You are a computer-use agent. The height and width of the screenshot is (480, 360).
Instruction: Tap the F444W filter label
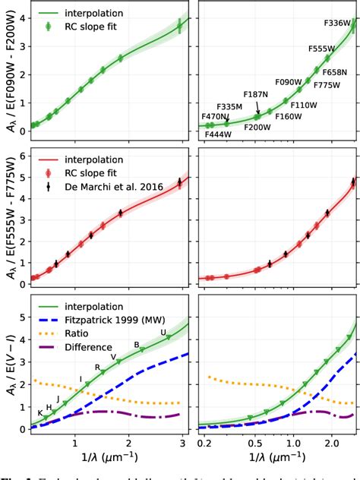[219, 134]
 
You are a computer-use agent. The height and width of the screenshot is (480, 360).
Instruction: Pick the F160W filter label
[289, 117]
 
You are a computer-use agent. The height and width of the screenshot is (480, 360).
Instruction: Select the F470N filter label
[216, 116]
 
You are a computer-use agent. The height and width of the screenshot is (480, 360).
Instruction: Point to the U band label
[163, 333]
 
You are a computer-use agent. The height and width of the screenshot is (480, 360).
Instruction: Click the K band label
[40, 412]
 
